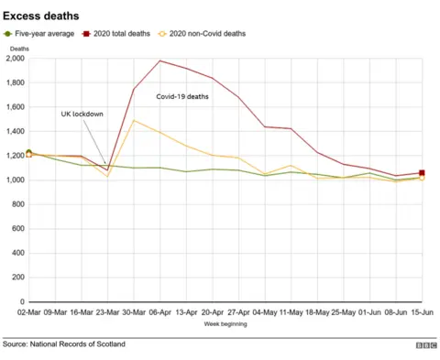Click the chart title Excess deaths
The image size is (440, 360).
coord(40,16)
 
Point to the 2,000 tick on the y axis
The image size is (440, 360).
coord(16,58)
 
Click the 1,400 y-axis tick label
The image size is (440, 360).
coord(16,131)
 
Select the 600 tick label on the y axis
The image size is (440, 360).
coord(18,228)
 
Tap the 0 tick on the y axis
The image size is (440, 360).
coord(22,301)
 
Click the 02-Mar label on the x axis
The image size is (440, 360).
coord(29,311)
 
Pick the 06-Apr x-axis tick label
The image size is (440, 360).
coord(160,311)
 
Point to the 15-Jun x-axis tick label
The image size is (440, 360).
coord(422,311)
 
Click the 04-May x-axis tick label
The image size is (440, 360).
coord(265,311)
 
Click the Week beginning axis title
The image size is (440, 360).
coord(225,323)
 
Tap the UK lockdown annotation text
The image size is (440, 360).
coord(82,114)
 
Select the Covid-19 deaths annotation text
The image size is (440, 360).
coord(183,95)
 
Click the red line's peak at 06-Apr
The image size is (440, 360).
coord(160,60)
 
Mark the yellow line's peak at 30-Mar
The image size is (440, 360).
coord(134,120)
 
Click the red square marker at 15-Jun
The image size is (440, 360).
coord(422,172)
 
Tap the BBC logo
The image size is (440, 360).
coord(425,345)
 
